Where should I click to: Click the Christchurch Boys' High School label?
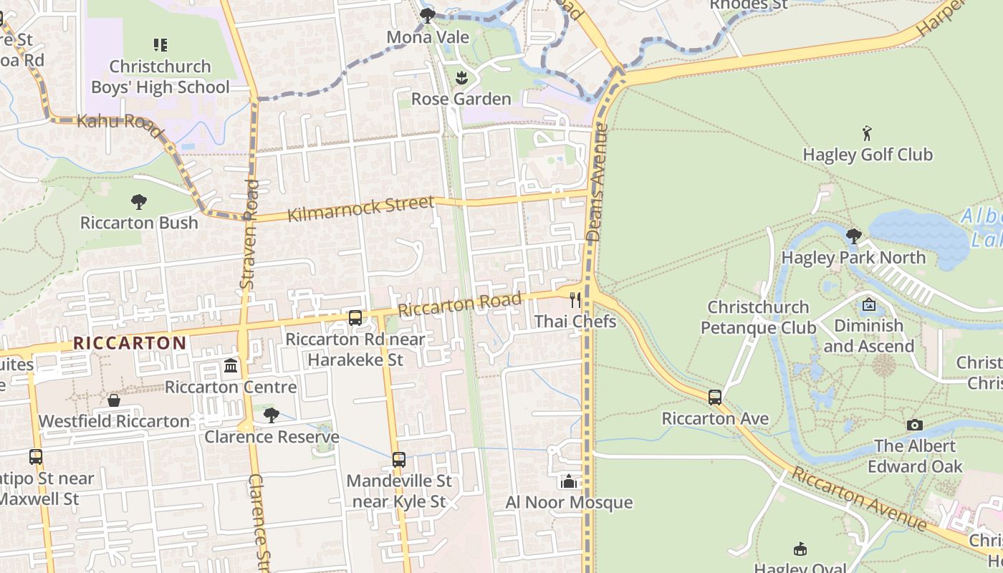(x=160, y=77)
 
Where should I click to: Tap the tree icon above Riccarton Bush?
(x=139, y=202)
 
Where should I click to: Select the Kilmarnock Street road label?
(x=360, y=208)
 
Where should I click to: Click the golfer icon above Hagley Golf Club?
(x=868, y=133)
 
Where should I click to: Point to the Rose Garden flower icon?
(x=461, y=77)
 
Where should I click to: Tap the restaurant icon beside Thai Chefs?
(x=575, y=299)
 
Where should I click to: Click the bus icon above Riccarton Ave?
(x=714, y=398)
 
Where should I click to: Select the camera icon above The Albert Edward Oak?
(x=914, y=425)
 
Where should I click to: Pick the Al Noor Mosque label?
(x=569, y=502)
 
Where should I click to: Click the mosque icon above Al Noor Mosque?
(x=569, y=481)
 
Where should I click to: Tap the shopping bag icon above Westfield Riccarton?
(x=114, y=400)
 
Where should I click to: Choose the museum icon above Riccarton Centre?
(x=231, y=366)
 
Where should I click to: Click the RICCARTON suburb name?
(x=130, y=342)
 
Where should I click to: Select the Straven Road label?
(x=249, y=233)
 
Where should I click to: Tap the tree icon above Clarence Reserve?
(x=271, y=415)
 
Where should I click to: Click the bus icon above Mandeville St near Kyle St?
(x=399, y=460)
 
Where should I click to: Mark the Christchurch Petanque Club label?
(x=758, y=317)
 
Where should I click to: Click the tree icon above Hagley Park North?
(x=853, y=236)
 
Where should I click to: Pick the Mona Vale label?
(x=428, y=37)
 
